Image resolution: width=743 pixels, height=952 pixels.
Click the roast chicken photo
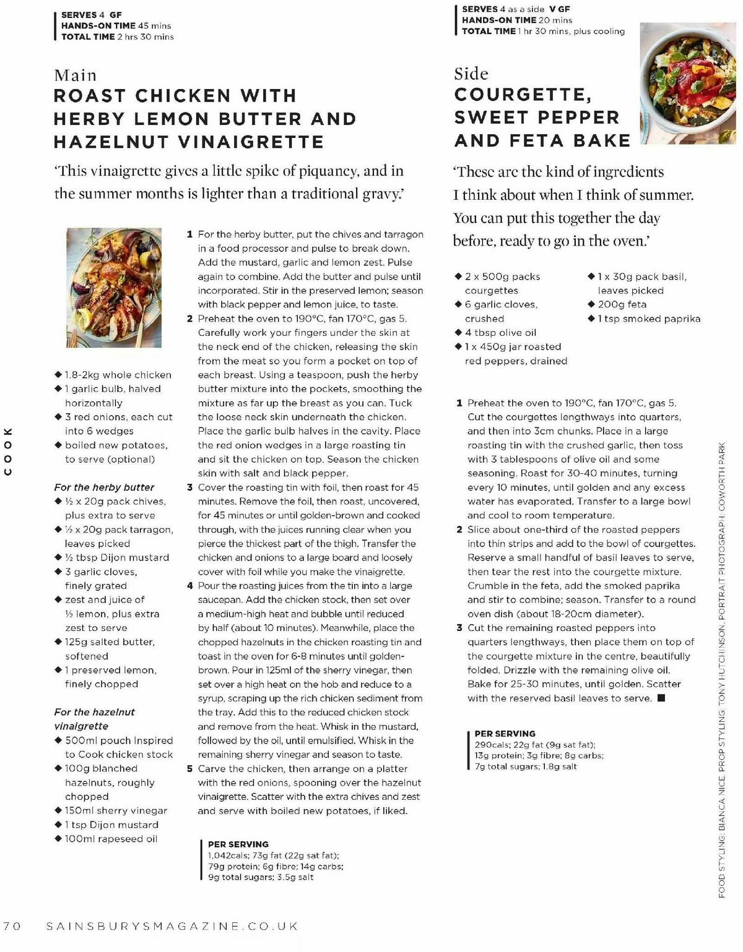tap(114, 288)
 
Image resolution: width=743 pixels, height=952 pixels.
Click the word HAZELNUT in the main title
tap(111, 142)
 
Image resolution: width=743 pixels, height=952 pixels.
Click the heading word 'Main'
tap(76, 75)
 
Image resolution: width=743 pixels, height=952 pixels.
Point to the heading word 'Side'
tap(471, 74)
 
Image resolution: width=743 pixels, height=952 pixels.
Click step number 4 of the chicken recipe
tap(190, 586)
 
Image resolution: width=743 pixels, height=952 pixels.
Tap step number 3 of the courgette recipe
tap(459, 628)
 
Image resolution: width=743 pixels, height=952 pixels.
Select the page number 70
tap(12, 926)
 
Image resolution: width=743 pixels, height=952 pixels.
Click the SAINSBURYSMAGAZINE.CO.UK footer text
tap(173, 926)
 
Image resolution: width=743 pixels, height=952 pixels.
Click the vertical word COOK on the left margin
tap(8, 452)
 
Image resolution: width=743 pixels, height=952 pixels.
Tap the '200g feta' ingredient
tap(622, 304)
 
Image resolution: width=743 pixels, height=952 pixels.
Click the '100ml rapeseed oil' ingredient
tap(111, 839)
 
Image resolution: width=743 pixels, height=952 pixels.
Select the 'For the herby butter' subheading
tap(104, 487)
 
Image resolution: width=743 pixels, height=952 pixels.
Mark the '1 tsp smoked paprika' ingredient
tap(649, 319)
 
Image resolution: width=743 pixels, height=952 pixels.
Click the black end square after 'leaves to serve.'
tap(661, 698)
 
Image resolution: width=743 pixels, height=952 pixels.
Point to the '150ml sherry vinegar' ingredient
tap(116, 810)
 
